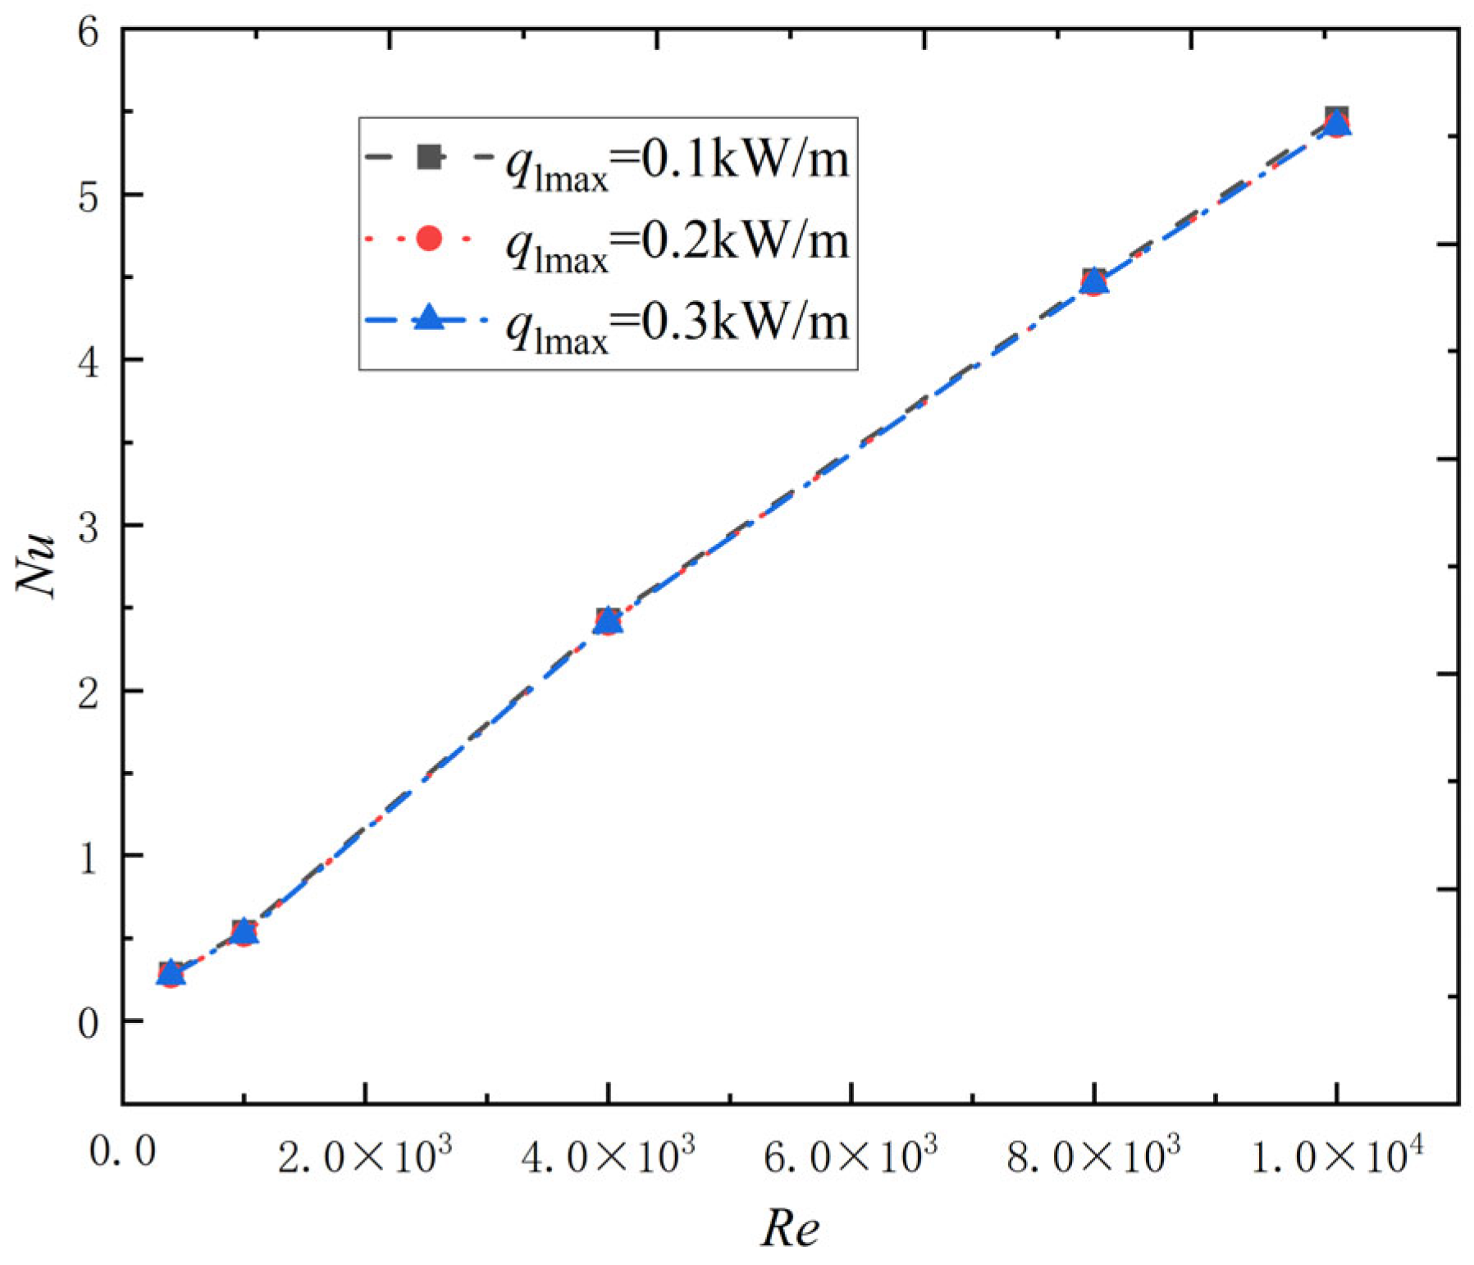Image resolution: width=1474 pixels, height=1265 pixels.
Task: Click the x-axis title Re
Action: click(x=790, y=1228)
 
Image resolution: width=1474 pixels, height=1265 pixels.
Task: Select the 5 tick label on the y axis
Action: click(x=88, y=197)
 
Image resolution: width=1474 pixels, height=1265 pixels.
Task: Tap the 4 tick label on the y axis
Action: click(x=88, y=362)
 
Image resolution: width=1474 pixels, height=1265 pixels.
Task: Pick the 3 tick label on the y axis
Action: click(x=88, y=527)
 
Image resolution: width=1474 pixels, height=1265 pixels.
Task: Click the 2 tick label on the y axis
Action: click(x=88, y=693)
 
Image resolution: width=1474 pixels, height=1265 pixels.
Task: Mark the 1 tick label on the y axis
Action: click(x=88, y=858)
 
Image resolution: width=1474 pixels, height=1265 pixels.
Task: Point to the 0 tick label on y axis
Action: click(x=88, y=1023)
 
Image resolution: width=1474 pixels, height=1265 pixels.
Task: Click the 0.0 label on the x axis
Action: click(x=122, y=1152)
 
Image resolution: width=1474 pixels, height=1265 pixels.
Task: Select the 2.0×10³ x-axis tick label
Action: click(x=364, y=1155)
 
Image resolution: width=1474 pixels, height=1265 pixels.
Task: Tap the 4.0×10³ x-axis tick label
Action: click(x=608, y=1155)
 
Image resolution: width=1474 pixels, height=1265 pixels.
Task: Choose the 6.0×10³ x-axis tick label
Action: click(x=851, y=1155)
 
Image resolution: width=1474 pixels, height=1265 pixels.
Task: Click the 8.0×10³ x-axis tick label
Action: click(x=1093, y=1155)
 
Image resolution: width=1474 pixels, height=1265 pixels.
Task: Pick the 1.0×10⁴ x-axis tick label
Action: click(x=1336, y=1155)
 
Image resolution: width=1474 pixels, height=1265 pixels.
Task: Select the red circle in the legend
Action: click(x=429, y=239)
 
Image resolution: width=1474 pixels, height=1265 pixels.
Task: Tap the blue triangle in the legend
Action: click(x=429, y=318)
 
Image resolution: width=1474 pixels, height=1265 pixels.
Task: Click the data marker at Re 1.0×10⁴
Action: click(x=1337, y=123)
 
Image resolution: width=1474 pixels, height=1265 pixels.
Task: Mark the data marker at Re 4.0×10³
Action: click(x=608, y=622)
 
